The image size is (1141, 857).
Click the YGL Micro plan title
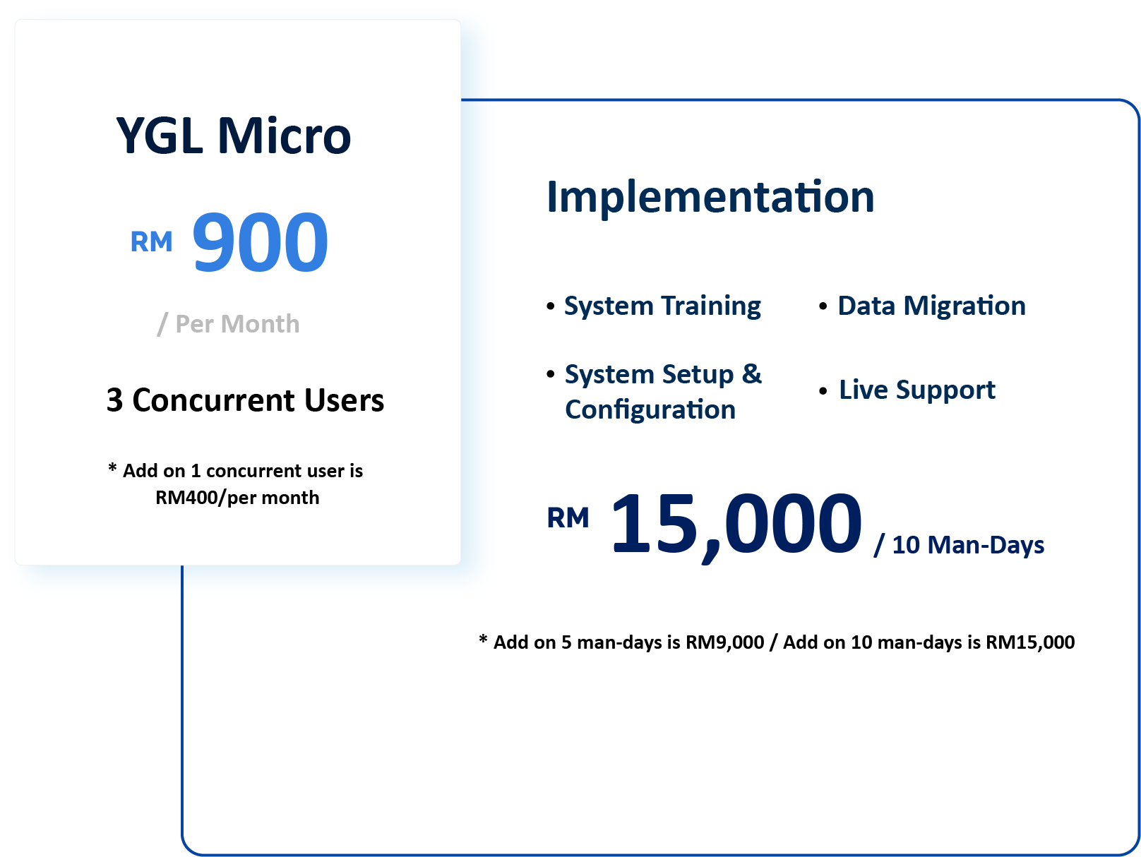pyautogui.click(x=233, y=136)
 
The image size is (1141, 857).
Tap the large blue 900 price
pyautogui.click(x=260, y=242)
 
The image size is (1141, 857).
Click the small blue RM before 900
pyautogui.click(x=151, y=241)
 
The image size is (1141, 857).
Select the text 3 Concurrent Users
pyautogui.click(x=245, y=400)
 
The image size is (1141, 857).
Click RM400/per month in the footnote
pyautogui.click(x=237, y=498)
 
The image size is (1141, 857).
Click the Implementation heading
pyautogui.click(x=710, y=197)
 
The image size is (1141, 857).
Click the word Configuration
pyautogui.click(x=650, y=410)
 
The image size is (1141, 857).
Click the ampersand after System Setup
pyautogui.click(x=752, y=373)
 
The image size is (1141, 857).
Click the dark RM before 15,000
pyautogui.click(x=568, y=517)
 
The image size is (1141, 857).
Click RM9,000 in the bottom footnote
pyautogui.click(x=724, y=642)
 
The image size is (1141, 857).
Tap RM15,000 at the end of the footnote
pyautogui.click(x=1029, y=642)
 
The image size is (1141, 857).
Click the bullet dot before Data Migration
pyautogui.click(x=823, y=306)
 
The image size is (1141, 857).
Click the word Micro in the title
pyautogui.click(x=285, y=136)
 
